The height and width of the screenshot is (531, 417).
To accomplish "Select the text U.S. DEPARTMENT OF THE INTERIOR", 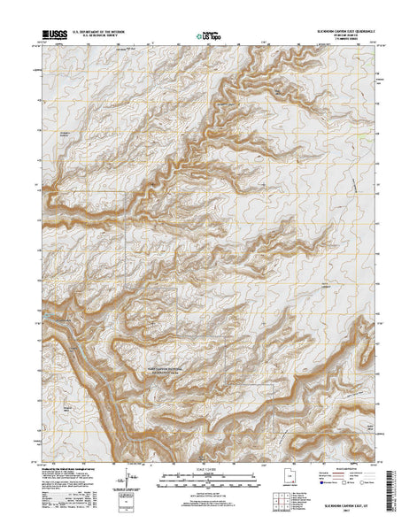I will pyautogui.click(x=99, y=32).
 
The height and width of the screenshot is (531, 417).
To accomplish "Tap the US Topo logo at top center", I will pyautogui.click(x=209, y=36).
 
